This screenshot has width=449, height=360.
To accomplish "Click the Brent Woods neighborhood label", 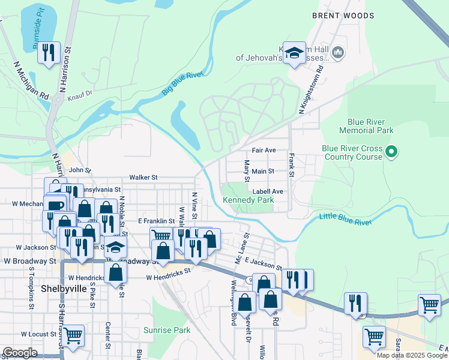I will point(343,16).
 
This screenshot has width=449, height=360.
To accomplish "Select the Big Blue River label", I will point(182,84).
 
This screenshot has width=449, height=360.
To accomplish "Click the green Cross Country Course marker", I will point(391,152).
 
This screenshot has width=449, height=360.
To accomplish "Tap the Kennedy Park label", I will point(248,200).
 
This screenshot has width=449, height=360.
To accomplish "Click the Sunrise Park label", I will point(167,330).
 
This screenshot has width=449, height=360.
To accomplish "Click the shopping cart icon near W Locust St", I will point(73,336).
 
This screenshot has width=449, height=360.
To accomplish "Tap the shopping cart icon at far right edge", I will point(429,305).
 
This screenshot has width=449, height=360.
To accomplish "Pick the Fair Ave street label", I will point(264,149).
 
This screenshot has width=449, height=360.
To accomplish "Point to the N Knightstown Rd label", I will point(311,88).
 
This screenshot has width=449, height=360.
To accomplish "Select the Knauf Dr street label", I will point(80,94).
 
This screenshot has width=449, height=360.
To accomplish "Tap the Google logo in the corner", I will point(20,353).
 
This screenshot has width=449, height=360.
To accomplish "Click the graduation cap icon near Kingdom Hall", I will point(294,54).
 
